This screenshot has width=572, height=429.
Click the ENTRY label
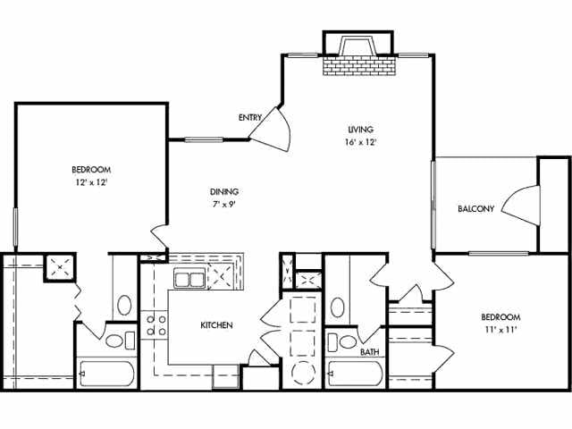click(250, 117)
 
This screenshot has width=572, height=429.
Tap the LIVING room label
click(360, 129)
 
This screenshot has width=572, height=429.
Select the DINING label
click(224, 191)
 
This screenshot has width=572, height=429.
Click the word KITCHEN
click(216, 325)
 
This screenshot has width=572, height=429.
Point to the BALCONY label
click(476, 208)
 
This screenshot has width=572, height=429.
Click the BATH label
click(369, 352)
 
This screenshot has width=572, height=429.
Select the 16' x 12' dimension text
click(360, 142)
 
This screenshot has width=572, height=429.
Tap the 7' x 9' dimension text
click(224, 205)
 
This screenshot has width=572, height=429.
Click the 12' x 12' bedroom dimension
click(91, 182)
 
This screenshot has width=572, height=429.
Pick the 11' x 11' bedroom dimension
click(500, 330)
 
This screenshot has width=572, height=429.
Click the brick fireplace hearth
click(359, 65)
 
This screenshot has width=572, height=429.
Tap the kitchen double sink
click(189, 279)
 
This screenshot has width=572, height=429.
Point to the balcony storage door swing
click(521, 205)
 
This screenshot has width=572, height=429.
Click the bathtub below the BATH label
click(356, 374)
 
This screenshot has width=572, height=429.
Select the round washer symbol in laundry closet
click(304, 373)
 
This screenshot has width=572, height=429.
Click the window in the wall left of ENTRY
click(204, 139)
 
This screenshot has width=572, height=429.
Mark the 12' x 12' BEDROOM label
click(91, 170)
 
